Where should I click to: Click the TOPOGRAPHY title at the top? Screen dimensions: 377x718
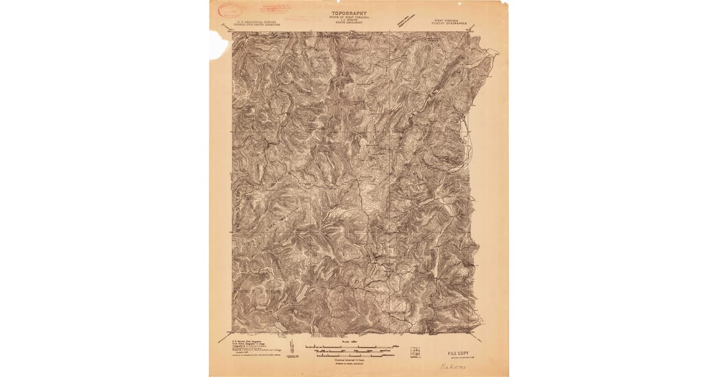(x=350, y=12)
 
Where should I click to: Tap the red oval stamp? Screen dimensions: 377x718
(x=229, y=10)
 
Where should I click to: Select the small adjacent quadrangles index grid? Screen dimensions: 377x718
(x=415, y=351)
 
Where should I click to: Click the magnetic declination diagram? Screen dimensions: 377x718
(x=291, y=348)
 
